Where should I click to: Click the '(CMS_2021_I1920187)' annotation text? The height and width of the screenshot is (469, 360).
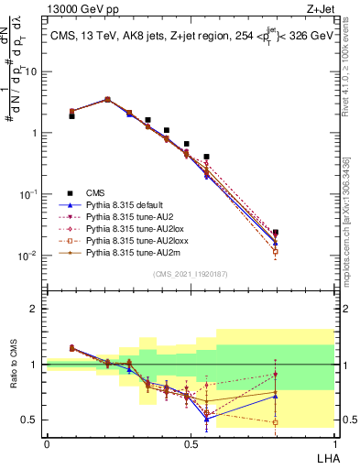[190, 273]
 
